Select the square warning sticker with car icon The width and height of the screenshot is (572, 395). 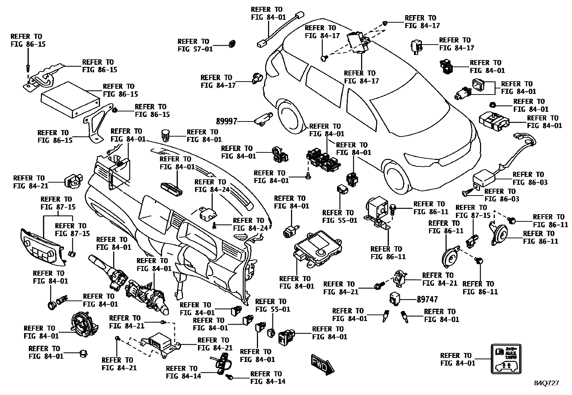tap(505, 359)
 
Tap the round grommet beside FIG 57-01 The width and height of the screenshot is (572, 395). tap(233, 45)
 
